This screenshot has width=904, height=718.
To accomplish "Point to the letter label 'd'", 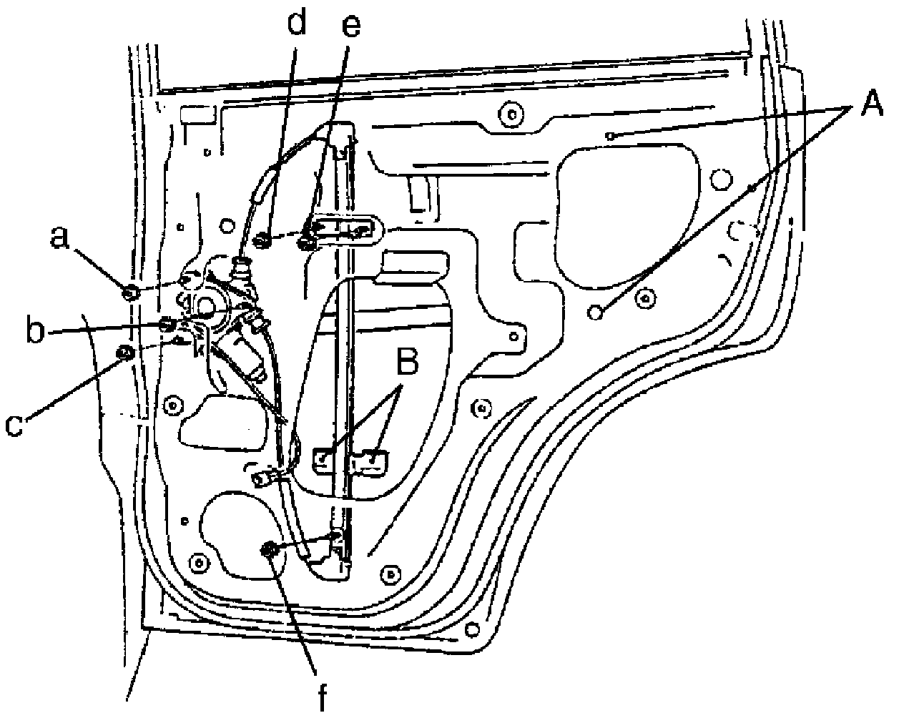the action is tap(295, 24).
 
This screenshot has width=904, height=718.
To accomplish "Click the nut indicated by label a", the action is tap(131, 292).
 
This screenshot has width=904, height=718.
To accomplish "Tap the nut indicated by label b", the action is tap(167, 325).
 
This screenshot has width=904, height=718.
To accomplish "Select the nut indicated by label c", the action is tap(124, 352).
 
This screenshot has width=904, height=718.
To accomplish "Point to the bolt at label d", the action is tap(262, 242).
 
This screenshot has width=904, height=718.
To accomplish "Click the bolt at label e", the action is tap(309, 242).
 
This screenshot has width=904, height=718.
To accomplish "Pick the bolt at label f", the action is tap(270, 550).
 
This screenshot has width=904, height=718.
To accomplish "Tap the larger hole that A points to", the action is tap(594, 312).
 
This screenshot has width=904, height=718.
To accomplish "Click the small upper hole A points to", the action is tap(609, 135).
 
